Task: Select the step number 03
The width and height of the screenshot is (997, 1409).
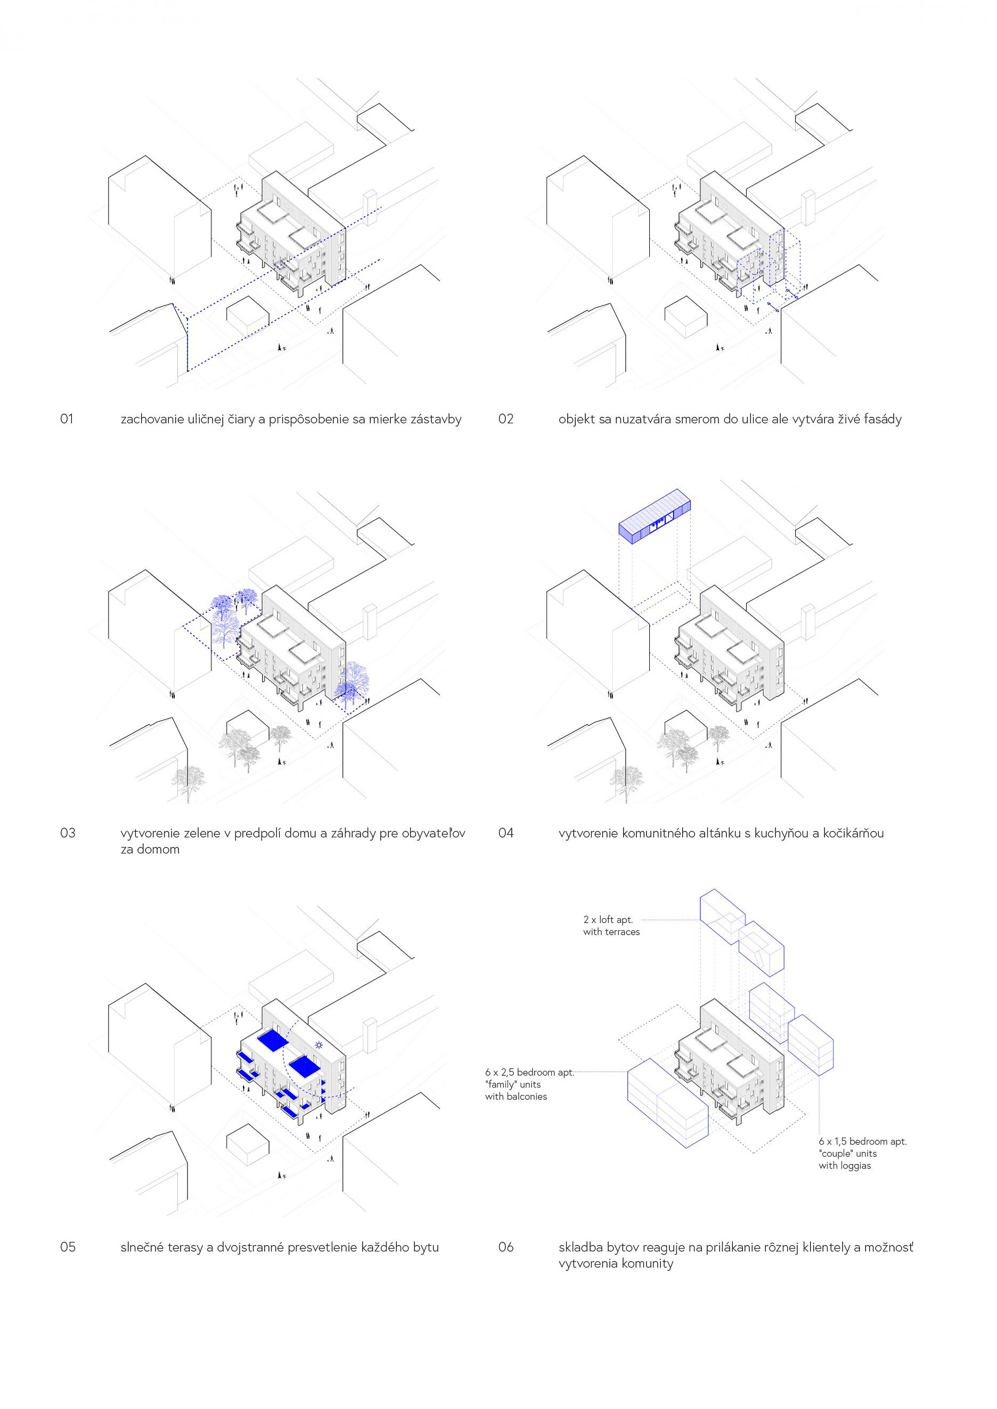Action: click(x=68, y=833)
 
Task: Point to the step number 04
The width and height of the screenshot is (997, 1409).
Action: click(x=506, y=833)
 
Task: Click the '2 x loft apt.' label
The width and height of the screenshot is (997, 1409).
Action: click(x=608, y=920)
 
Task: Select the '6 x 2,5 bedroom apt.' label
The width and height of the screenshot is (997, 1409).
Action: click(x=529, y=1072)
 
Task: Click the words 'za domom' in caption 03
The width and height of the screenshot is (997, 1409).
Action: click(x=150, y=850)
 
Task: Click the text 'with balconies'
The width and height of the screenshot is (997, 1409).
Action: click(x=516, y=1096)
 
